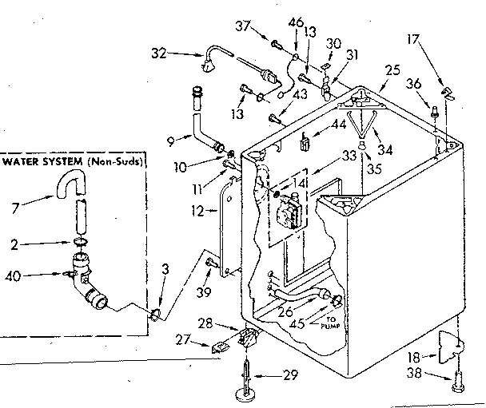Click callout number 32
(x=159, y=54)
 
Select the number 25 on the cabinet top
(x=391, y=71)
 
